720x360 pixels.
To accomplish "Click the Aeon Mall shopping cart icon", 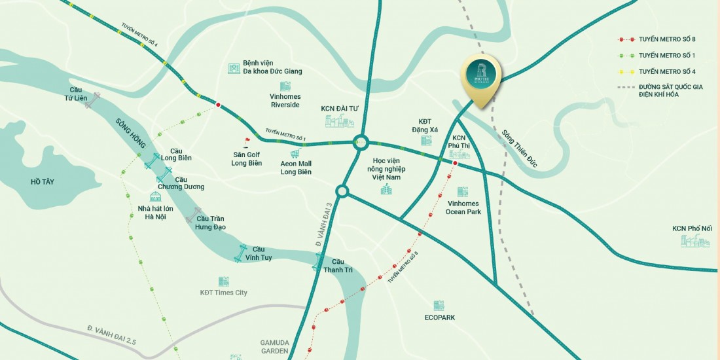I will [295, 153].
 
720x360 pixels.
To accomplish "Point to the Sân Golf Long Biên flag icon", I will [247, 141].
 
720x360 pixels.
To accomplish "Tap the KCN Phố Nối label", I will [692, 228].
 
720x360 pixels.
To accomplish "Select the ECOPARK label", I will [439, 317].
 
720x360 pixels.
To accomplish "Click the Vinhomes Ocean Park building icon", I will [463, 192].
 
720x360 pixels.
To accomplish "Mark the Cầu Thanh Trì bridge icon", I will [317, 264].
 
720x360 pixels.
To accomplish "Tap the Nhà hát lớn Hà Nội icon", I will [155, 196].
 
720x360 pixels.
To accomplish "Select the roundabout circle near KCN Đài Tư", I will [360, 141].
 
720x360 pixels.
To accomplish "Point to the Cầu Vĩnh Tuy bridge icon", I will [243, 251].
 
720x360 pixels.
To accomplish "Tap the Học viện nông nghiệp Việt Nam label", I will [386, 169].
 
